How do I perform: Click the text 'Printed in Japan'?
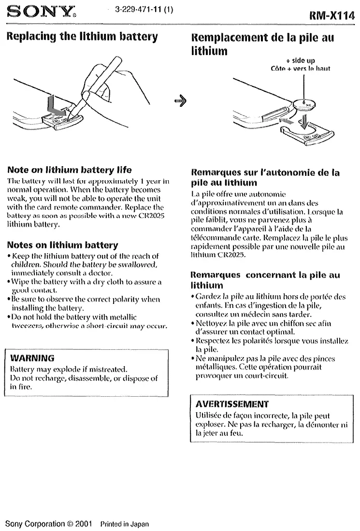124,524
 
